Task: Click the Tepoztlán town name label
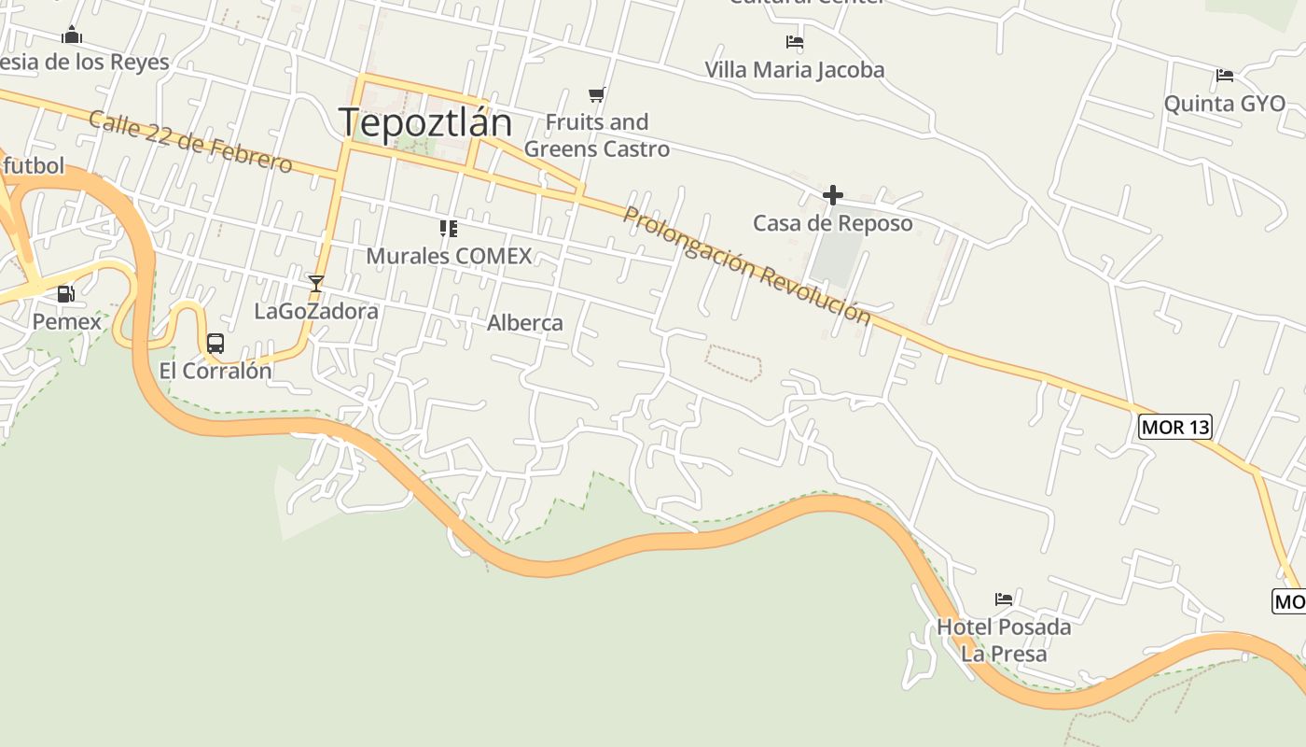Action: pos(425,123)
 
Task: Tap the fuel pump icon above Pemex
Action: pos(65,294)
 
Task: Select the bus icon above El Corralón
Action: pos(215,344)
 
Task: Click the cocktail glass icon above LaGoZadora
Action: pos(316,283)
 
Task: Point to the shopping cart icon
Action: pos(597,94)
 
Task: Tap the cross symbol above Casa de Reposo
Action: pos(833,195)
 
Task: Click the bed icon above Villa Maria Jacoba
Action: pos(795,42)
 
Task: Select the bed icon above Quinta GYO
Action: pos(1225,76)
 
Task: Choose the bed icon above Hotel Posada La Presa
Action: pos(1004,599)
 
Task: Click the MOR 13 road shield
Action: pos(1175,428)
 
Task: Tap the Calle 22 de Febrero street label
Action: pos(190,142)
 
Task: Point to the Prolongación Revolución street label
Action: pos(746,265)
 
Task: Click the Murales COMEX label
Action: pos(449,256)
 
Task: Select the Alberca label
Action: pos(525,323)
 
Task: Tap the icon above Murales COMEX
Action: pos(449,228)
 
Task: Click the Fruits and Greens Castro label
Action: pos(597,135)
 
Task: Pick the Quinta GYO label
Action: pos(1225,104)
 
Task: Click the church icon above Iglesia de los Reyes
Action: pos(72,35)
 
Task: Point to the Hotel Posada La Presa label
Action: pos(1004,640)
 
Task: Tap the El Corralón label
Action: pos(215,371)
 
